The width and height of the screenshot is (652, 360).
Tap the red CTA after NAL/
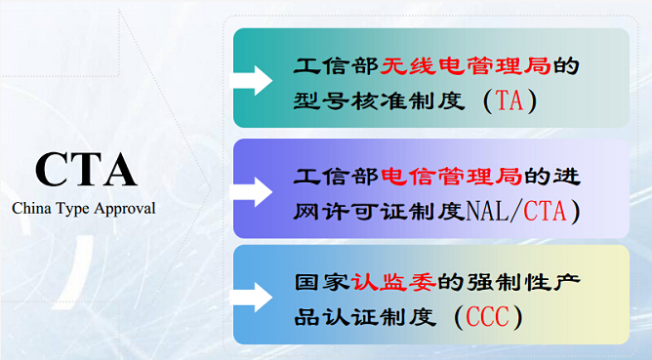tap(549, 211)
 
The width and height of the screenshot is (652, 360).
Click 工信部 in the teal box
tap(324, 67)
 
